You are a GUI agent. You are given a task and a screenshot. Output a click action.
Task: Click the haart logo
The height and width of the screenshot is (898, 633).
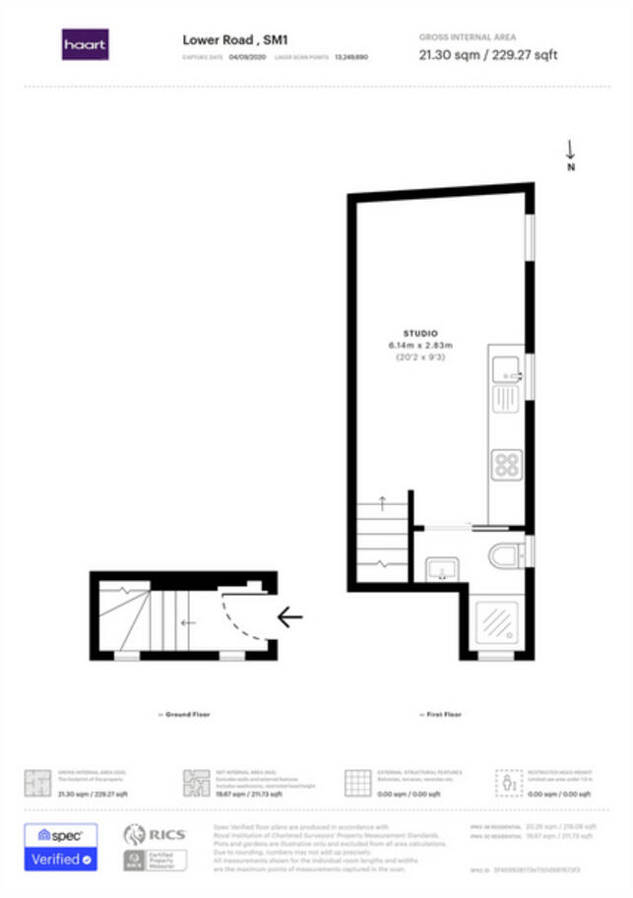click(86, 44)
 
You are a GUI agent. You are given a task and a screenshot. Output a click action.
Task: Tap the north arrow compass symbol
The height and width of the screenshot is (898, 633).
click(570, 153)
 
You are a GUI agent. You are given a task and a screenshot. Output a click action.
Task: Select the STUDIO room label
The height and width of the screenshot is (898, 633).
click(420, 334)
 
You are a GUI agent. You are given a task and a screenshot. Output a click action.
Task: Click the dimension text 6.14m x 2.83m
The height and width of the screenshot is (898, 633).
click(420, 346)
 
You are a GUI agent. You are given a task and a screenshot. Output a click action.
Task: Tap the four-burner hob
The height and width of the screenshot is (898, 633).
click(507, 464)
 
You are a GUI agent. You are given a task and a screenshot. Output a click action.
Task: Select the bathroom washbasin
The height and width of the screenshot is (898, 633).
click(441, 568)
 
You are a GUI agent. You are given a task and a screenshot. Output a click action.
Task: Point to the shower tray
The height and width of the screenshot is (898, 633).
click(496, 621)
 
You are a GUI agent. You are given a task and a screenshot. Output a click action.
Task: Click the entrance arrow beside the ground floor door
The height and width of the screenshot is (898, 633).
click(289, 617)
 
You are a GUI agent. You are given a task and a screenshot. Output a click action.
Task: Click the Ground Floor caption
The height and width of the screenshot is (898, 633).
click(184, 714)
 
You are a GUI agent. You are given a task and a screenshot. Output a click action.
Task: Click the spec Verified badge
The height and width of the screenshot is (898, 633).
click(60, 846)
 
